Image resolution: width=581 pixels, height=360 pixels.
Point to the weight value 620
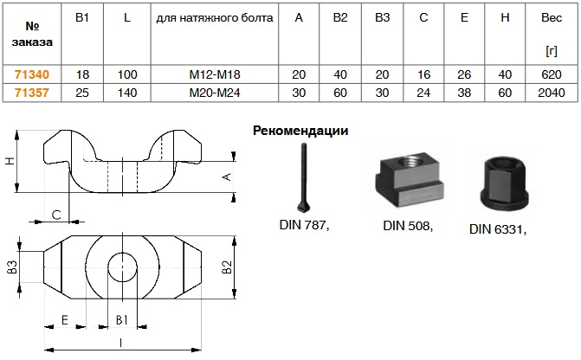point(552,74)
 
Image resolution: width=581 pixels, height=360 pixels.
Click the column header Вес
point(552,17)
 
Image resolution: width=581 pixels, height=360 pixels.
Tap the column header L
point(127,17)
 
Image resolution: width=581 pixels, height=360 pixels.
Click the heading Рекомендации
point(300,132)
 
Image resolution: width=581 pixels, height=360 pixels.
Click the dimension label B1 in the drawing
point(122,319)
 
